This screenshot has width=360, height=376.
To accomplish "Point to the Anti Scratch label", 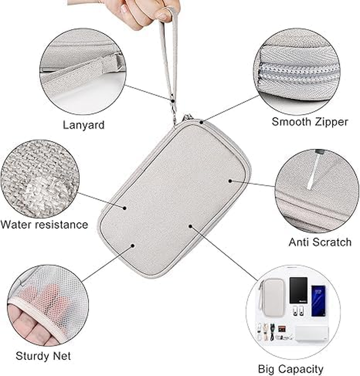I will pyautogui.click(x=319, y=242).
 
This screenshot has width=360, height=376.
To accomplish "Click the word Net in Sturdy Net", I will pyautogui.click(x=62, y=356).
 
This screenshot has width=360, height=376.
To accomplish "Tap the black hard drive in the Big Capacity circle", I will pyautogui.click(x=298, y=290).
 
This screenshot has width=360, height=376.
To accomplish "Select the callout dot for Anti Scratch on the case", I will pyautogui.click(x=230, y=181).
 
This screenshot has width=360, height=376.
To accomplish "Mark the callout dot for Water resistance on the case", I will pyautogui.click(x=125, y=208).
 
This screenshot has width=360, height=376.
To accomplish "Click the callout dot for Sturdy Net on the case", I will pyautogui.click(x=133, y=245).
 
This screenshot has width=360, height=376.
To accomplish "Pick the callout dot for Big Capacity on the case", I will pyautogui.click(x=190, y=226).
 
